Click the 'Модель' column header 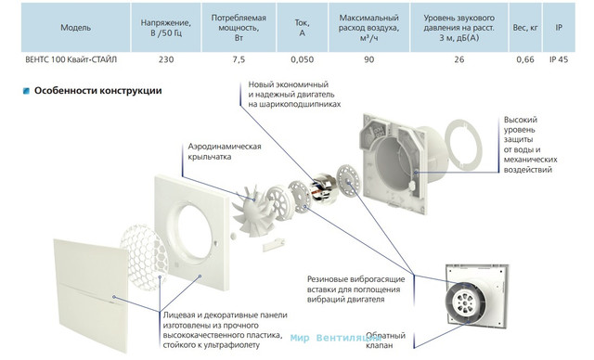click(76, 28)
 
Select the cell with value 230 click(166, 59)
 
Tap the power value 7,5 click(239, 59)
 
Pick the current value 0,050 click(303, 59)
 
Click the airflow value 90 click(369, 59)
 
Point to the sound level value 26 click(459, 59)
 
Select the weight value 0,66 click(525, 59)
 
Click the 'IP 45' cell click(559, 59)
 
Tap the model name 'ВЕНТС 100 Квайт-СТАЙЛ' click(71, 59)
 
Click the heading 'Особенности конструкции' click(98, 91)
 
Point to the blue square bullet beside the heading click(26, 91)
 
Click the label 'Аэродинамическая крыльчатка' click(225, 151)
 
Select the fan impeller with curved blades click(252, 210)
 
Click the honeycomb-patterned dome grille click(144, 257)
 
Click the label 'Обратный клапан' click(386, 341)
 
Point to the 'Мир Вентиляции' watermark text click(329, 338)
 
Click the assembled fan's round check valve click(466, 302)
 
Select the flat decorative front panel click(91, 294)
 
